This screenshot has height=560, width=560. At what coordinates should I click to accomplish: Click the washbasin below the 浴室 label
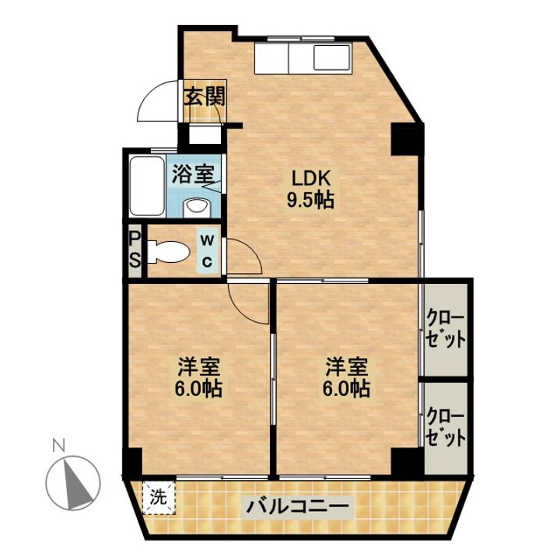[196, 206]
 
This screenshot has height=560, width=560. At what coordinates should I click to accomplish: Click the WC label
[208, 251]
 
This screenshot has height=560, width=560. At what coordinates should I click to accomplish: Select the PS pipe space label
[135, 249]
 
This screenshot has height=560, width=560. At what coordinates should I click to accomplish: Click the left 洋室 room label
[198, 366]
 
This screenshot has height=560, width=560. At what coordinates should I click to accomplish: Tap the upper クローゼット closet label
[446, 329]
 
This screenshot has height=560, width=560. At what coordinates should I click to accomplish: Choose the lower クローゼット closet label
[446, 427]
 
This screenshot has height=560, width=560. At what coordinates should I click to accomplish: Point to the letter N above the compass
[57, 446]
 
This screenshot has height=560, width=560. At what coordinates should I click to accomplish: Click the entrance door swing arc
[158, 105]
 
